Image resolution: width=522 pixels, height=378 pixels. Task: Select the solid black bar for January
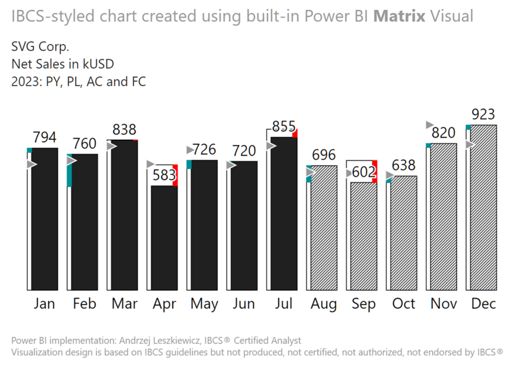[x=45, y=219]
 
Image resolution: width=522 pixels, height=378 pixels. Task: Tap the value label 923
[x=483, y=114]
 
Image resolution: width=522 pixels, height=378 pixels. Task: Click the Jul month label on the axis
[x=284, y=304]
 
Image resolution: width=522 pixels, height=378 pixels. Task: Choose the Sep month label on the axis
[x=363, y=304]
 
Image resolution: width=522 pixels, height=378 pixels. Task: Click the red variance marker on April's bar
[x=175, y=175]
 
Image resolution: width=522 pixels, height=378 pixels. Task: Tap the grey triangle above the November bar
[x=429, y=125]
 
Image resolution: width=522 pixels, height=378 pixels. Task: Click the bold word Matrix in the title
[x=399, y=16]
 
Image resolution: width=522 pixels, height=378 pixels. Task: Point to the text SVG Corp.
[x=40, y=47]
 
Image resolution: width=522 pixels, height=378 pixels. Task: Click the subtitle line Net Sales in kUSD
[x=62, y=64]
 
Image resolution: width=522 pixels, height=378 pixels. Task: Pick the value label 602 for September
[x=362, y=172]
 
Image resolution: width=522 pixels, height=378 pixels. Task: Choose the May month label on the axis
[x=204, y=304]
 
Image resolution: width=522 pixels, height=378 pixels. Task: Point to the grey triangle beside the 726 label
[x=190, y=150]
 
